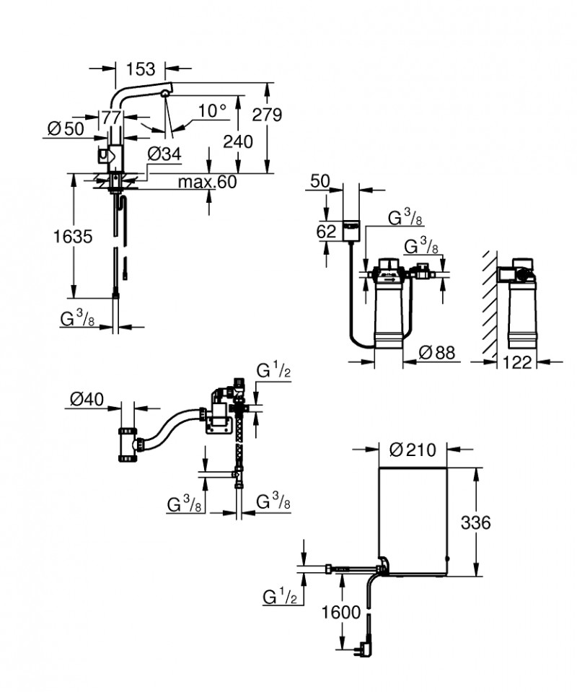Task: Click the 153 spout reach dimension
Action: pyautogui.click(x=140, y=69)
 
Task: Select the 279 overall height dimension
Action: pyautogui.click(x=267, y=115)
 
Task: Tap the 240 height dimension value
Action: pyautogui.click(x=237, y=141)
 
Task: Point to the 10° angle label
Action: pyautogui.click(x=212, y=110)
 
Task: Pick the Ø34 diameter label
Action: pyautogui.click(x=163, y=153)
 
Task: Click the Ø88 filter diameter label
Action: pyautogui.click(x=437, y=353)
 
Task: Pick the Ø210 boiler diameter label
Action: pyautogui.click(x=413, y=451)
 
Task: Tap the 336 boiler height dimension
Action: pyautogui.click(x=475, y=522)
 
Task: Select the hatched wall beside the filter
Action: pyautogui.click(x=489, y=303)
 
